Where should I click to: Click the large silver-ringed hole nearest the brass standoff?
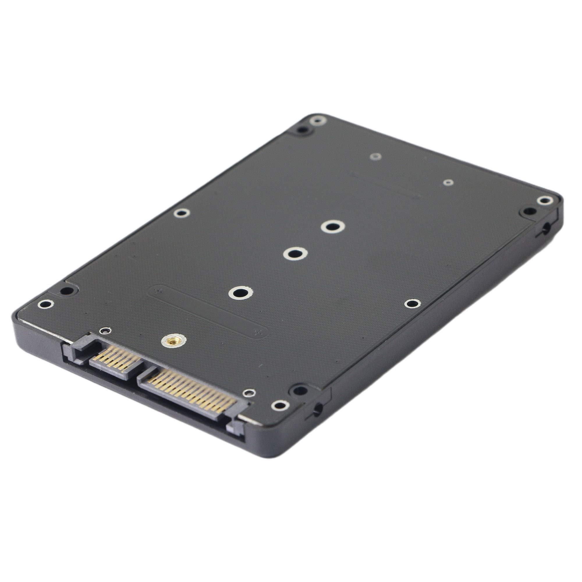pyautogui.click(x=240, y=292)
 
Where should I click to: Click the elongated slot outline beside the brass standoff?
pyautogui.click(x=208, y=312)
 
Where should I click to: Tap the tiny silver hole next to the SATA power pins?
pyautogui.click(x=249, y=393)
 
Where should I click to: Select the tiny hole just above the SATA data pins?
pyautogui.click(x=105, y=331)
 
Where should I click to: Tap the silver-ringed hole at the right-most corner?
pyautogui.click(x=545, y=200)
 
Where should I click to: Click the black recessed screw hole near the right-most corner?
pyautogui.click(x=529, y=211)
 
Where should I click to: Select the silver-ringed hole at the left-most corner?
pyautogui.click(x=45, y=304)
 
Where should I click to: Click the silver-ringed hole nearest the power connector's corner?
pyautogui.click(x=280, y=405)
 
